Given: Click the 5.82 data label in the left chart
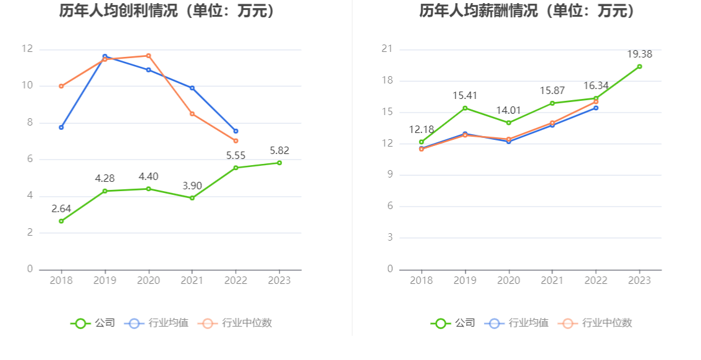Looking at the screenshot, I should coord(279,150).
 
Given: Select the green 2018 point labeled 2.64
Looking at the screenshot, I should coord(61,221).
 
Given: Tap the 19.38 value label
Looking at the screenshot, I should coord(640,54).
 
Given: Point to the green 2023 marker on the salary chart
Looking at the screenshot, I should coord(640,66).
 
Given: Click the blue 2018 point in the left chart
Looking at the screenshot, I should coord(61,127).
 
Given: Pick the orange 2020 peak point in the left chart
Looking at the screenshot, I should coord(148,56).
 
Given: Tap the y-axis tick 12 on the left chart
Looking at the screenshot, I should coord(27,49).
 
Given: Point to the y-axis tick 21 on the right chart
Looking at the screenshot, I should coord(388,49).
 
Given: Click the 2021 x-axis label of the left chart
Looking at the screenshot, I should coord(192,281).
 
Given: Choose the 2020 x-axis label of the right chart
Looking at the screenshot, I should coord(509,281).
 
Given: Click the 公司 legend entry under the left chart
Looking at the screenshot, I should coord(93,323).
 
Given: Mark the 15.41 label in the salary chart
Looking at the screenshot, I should coord(465,96).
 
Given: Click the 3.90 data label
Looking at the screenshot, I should coord(192,186).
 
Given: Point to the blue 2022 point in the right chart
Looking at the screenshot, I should coord(596,108).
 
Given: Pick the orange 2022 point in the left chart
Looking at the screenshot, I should coord(236,141).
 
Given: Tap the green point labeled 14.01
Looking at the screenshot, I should coord(509,122).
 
